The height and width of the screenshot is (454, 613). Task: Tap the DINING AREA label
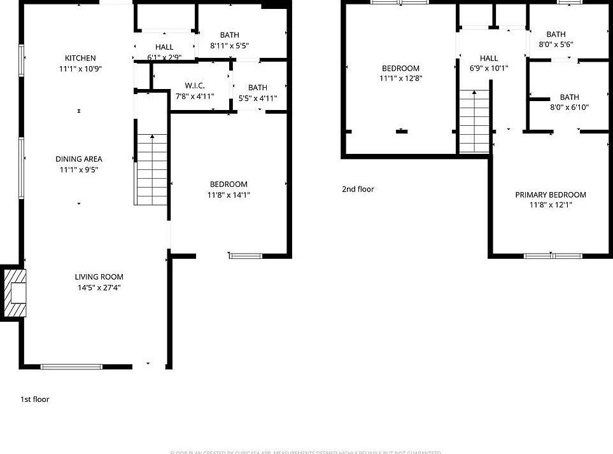pyautogui.click(x=79, y=159)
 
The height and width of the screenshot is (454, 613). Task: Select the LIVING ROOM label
pyautogui.click(x=99, y=277)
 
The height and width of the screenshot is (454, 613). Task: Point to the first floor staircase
pyautogui.click(x=151, y=170)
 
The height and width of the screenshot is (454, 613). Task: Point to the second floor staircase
pyautogui.click(x=474, y=121)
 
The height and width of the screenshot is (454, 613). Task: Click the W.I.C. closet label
pyautogui.click(x=194, y=85)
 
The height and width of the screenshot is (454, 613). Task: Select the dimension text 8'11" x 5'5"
pyautogui.click(x=229, y=46)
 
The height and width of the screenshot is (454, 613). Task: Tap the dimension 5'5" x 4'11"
pyautogui.click(x=258, y=98)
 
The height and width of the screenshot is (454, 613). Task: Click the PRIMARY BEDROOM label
pyautogui.click(x=551, y=195)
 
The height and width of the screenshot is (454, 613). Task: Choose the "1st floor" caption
pyautogui.click(x=34, y=399)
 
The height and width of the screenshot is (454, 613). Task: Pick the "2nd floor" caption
pyautogui.click(x=358, y=189)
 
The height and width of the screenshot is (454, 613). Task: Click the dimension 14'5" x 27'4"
pyautogui.click(x=99, y=287)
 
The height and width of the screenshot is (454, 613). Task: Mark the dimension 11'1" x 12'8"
pyautogui.click(x=400, y=79)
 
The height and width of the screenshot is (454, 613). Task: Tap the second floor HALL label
pyautogui.click(x=489, y=58)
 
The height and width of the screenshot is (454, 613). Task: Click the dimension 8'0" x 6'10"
pyautogui.click(x=569, y=107)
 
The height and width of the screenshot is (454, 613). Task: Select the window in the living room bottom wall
pyautogui.click(x=71, y=367)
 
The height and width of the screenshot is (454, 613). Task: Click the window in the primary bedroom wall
pyautogui.click(x=553, y=256)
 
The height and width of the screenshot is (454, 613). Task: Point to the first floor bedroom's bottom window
pyautogui.click(x=245, y=256)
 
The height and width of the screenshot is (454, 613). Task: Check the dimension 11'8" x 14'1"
pyautogui.click(x=229, y=195)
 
